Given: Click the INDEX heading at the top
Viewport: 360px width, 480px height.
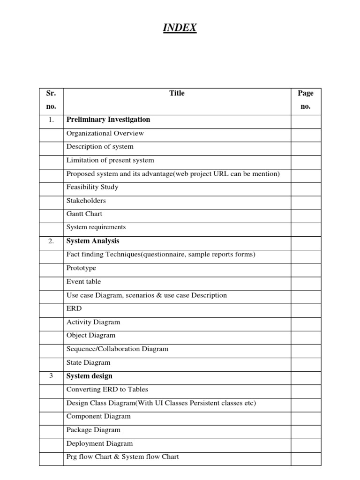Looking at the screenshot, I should (180, 29).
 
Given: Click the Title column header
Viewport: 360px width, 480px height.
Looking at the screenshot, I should (177, 93).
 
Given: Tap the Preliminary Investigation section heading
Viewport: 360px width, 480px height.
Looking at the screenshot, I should (108, 120).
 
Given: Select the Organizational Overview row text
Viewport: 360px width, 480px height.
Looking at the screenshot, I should (105, 133).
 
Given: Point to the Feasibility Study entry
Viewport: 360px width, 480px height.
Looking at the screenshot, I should (92, 187).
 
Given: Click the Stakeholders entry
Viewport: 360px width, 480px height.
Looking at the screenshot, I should (86, 201).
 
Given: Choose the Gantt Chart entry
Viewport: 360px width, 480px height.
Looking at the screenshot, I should (84, 214).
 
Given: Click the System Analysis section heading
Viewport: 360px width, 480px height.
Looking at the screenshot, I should (93, 241).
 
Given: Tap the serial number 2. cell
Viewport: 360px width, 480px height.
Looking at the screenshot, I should (51, 241).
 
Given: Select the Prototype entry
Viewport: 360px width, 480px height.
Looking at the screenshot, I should (81, 268).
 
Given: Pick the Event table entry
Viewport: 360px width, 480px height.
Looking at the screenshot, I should (83, 282).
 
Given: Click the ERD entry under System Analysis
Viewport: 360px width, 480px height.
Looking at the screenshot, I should (74, 308).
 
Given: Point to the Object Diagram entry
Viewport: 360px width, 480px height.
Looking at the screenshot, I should (91, 335).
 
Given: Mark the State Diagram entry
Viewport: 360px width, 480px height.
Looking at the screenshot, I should (89, 362).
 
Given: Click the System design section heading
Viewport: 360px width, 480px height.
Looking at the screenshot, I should (90, 376).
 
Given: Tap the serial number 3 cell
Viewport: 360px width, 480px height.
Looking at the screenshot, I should (51, 376).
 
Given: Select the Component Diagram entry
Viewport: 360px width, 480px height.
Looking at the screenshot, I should (98, 416).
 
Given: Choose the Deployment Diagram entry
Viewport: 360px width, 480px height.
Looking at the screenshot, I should (99, 443).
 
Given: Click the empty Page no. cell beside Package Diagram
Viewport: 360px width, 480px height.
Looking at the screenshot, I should (306, 430).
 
